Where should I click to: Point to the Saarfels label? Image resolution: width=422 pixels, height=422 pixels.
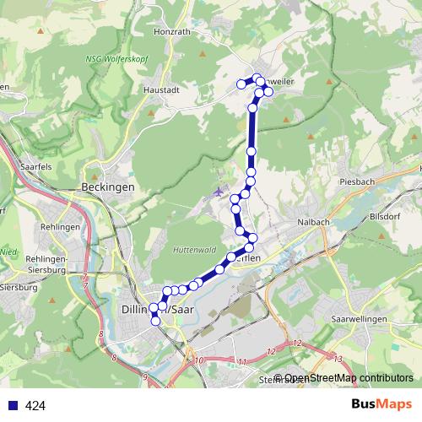pos(35,167)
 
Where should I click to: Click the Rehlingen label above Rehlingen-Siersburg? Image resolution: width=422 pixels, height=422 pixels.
pos(59,227)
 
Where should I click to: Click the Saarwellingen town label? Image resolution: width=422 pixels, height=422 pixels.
pos(359,319)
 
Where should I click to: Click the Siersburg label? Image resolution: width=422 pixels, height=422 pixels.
pos(20,287)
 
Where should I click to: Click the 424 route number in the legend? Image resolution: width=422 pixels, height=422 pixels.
pos(35,406)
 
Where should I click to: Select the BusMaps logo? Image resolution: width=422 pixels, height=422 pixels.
pos(382,405)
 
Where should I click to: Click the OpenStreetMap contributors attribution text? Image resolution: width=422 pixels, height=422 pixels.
pos(349,378)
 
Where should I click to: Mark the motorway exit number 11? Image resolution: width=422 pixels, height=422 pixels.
pos(242,362)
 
